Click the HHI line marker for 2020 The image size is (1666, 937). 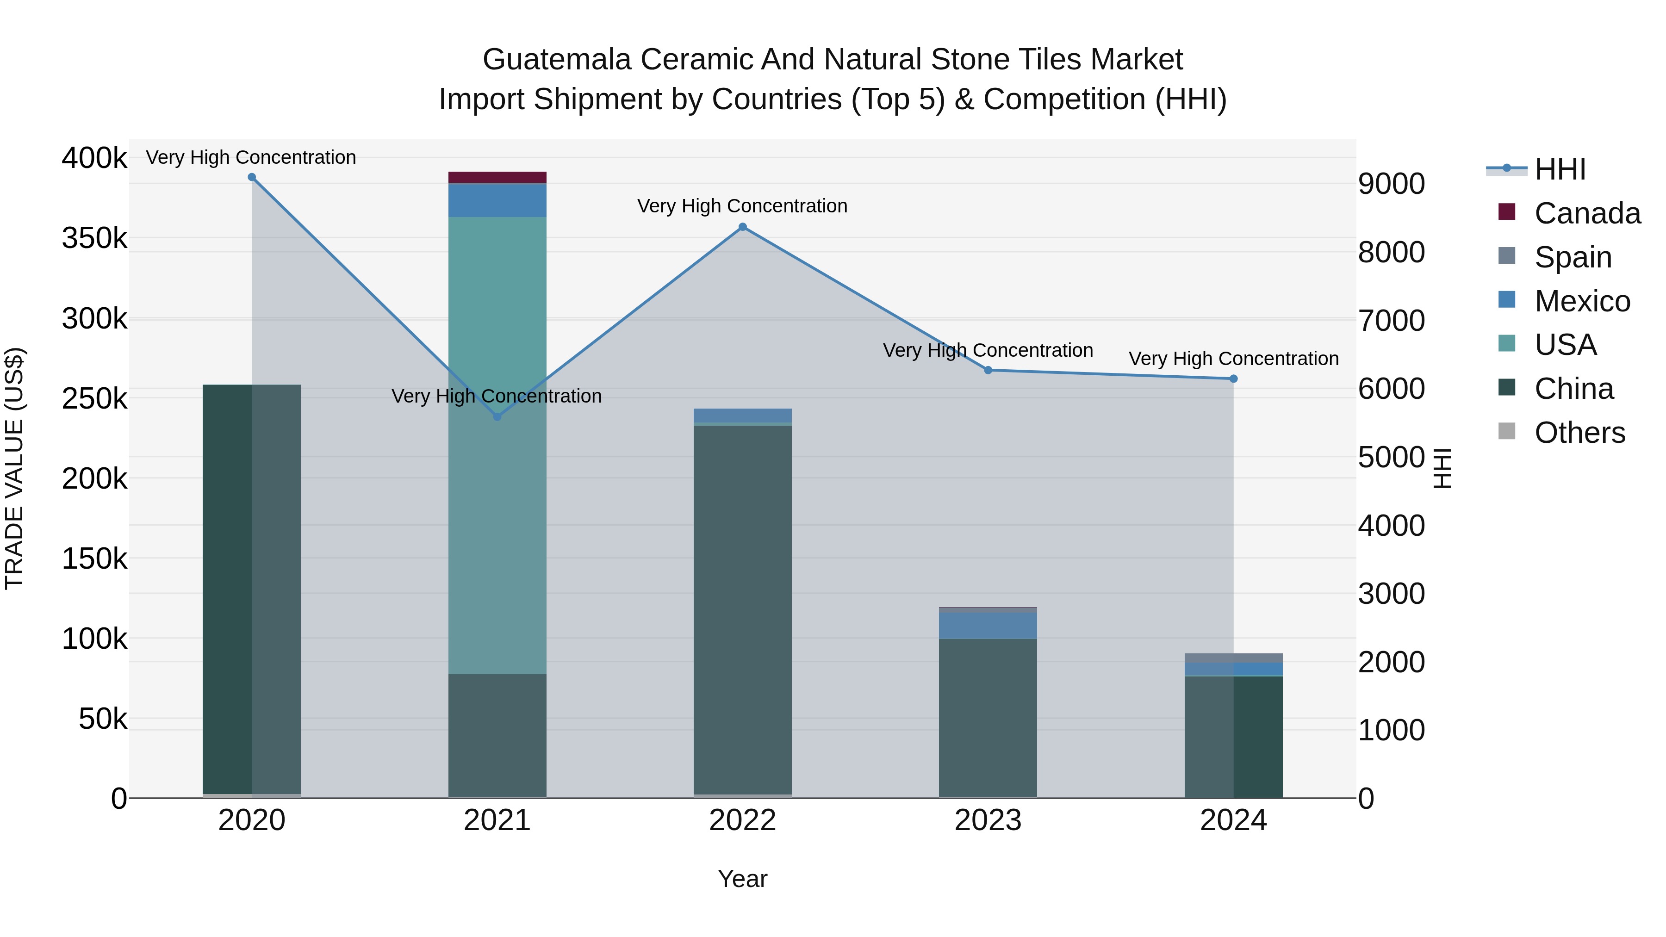pyautogui.click(x=252, y=177)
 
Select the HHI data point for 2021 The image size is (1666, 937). pyautogui.click(x=497, y=416)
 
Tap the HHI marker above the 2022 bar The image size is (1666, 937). pyautogui.click(x=742, y=227)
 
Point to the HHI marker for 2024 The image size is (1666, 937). pyautogui.click(x=1233, y=379)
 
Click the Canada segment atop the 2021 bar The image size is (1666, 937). pyautogui.click(x=497, y=177)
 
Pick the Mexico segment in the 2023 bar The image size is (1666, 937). pyautogui.click(x=988, y=625)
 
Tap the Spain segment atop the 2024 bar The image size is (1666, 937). pyautogui.click(x=1233, y=658)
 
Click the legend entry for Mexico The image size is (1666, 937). pyautogui.click(x=1581, y=301)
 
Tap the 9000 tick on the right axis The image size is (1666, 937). pyautogui.click(x=1391, y=184)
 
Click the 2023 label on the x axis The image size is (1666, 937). pyautogui.click(x=988, y=820)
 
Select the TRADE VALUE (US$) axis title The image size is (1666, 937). pyautogui.click(x=14, y=468)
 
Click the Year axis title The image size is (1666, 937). pyautogui.click(x=742, y=879)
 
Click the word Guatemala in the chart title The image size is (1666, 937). pyautogui.click(x=556, y=60)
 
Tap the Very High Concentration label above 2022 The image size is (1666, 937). pyautogui.click(x=742, y=205)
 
